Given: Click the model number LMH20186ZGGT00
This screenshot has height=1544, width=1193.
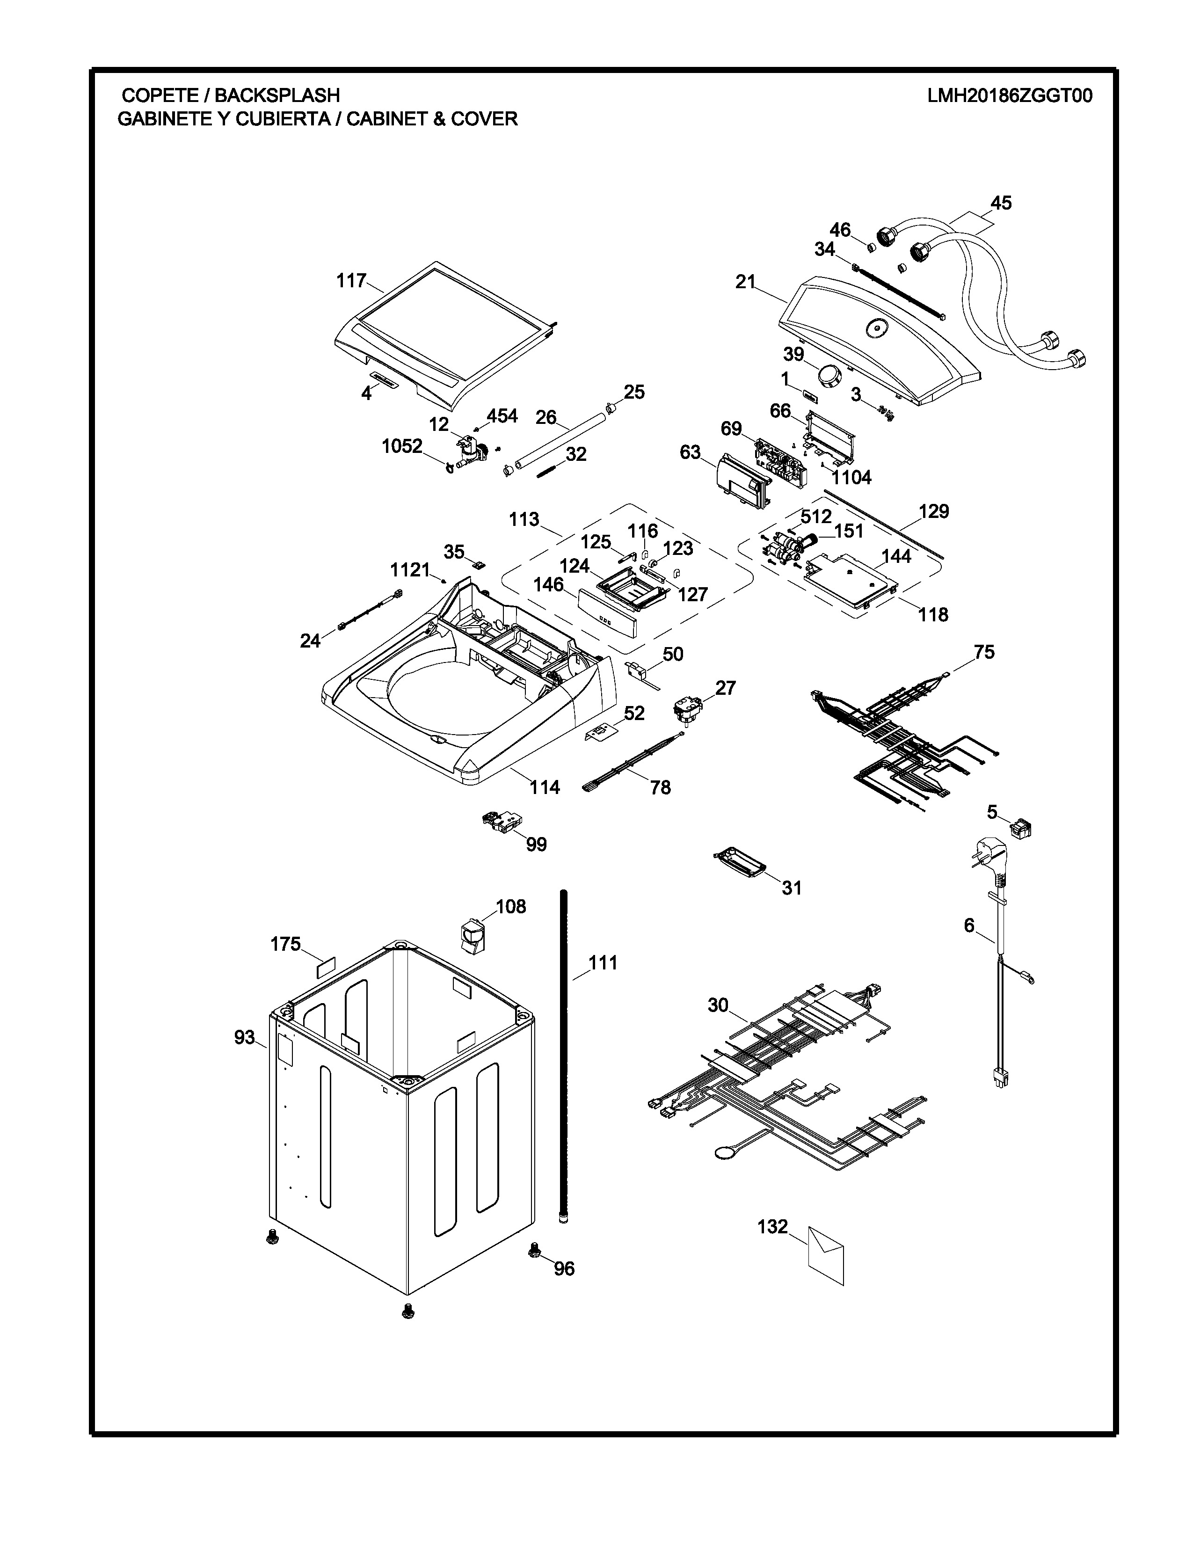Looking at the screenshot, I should click(x=1009, y=96).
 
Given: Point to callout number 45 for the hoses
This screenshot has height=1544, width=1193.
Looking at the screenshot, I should click(x=1001, y=204).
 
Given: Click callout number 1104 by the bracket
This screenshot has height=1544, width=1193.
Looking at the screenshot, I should click(x=851, y=478).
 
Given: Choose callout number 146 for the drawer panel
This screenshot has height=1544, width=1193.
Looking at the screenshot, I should click(x=548, y=585).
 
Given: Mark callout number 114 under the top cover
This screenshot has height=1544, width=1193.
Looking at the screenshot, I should click(x=545, y=787).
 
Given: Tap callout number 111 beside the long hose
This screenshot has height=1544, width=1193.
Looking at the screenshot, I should click(x=603, y=963).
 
